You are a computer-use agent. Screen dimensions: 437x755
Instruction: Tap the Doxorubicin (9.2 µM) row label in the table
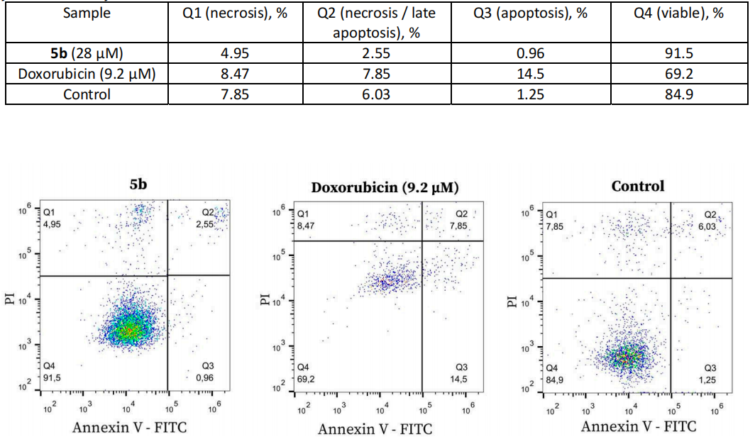tap(82, 72)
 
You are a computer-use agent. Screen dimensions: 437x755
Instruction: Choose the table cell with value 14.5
tap(524, 72)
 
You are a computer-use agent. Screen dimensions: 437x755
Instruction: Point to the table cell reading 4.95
tap(235, 53)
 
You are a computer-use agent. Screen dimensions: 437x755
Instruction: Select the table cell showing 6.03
tap(375, 94)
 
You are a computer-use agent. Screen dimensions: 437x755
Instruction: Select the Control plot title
tap(638, 186)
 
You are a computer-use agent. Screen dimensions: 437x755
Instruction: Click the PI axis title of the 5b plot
tap(11, 295)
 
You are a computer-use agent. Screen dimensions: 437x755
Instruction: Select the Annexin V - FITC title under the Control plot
tap(638, 426)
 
